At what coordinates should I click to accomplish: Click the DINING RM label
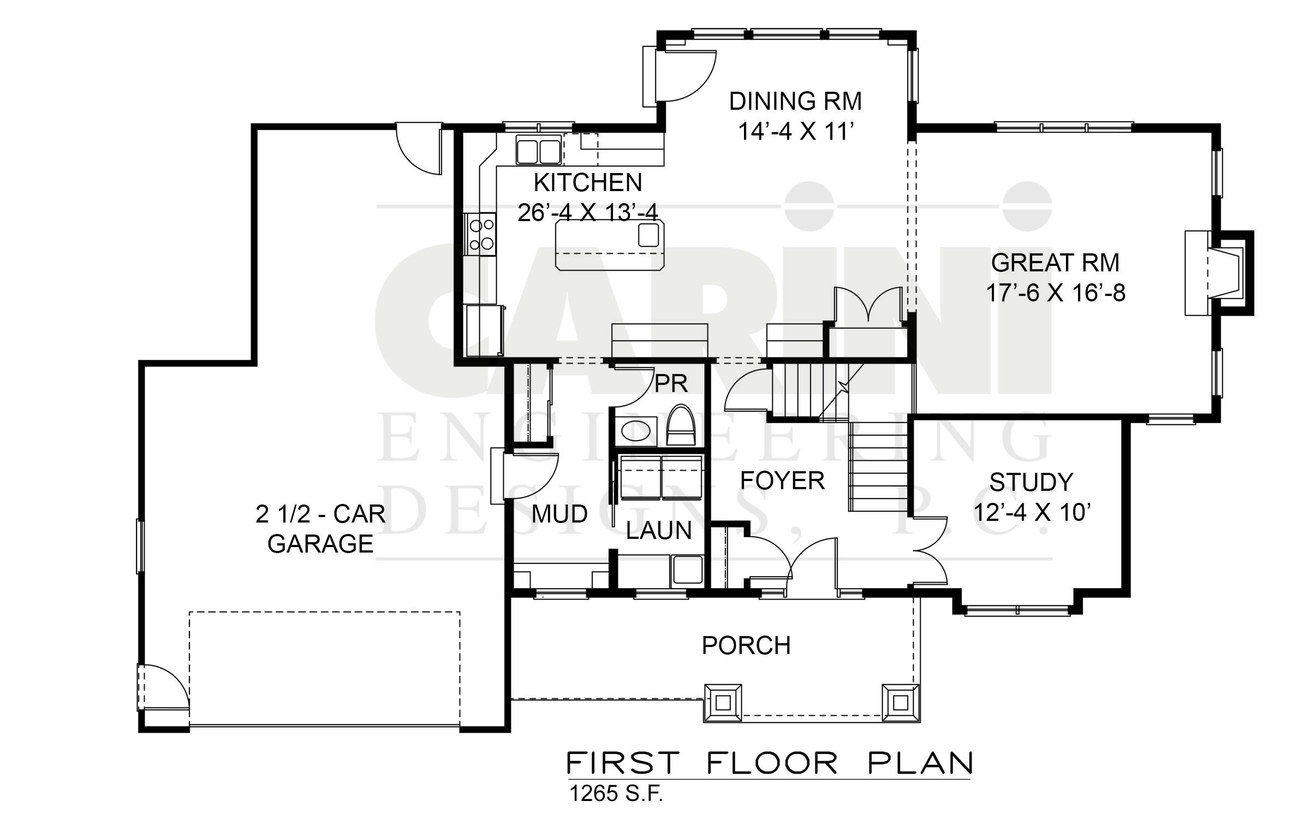click(795, 102)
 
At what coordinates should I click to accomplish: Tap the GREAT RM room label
click(1055, 263)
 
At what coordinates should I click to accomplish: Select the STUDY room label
click(1031, 482)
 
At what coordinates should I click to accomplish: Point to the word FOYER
click(782, 481)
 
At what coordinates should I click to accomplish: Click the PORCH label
click(746, 646)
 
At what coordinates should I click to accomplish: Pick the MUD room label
click(559, 514)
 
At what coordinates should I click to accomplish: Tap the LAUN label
click(659, 531)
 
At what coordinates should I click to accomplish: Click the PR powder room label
click(671, 384)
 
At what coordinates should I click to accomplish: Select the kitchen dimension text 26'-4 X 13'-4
click(588, 212)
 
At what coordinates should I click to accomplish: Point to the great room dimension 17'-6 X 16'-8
click(1056, 294)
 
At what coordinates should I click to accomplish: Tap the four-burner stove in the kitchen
click(99, 235)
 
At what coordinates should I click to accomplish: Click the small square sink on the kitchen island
click(648, 235)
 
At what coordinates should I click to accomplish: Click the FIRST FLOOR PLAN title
click(770, 763)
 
